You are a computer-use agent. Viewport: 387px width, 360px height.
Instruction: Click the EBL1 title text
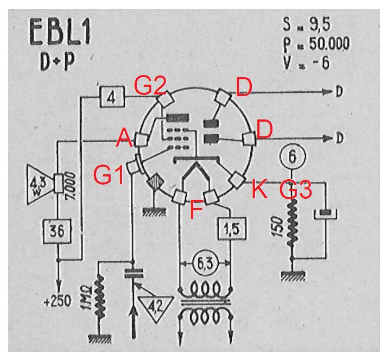[60, 32]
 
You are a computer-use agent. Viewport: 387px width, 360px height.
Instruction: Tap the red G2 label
[150, 86]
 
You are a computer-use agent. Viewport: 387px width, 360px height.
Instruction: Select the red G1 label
[109, 175]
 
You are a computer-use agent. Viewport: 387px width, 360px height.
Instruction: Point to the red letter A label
[124, 138]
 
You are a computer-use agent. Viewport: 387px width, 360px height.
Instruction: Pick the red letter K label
[259, 189]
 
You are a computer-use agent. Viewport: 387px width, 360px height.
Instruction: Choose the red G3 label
[296, 190]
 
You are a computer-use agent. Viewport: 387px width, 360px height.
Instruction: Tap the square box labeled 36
[57, 231]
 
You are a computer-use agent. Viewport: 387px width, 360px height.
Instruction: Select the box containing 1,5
[232, 229]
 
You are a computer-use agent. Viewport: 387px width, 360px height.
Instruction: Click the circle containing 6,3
[205, 264]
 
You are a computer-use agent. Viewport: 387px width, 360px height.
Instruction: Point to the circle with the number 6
[293, 156]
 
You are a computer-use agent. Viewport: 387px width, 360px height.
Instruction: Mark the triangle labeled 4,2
[156, 308]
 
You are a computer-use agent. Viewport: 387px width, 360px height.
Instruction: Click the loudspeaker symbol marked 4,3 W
[42, 184]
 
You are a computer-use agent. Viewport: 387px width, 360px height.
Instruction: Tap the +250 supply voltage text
[58, 301]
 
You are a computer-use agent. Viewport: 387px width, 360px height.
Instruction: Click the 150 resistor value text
[278, 227]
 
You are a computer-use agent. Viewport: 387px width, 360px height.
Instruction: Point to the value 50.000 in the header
[329, 43]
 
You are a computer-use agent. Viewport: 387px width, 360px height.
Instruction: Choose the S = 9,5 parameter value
[307, 24]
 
